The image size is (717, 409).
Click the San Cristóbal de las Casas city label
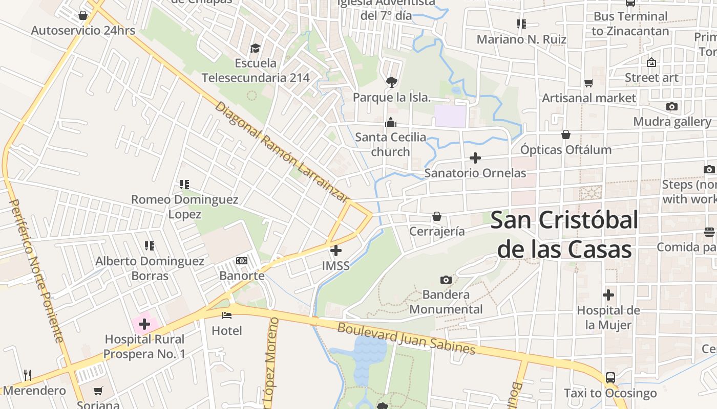click(564, 235)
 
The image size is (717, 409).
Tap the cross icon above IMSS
click(336, 251)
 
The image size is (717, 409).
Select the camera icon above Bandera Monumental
click(446, 280)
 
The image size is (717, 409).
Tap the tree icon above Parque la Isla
click(392, 82)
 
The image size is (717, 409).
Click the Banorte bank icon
click(242, 261)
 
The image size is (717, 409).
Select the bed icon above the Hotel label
click(227, 315)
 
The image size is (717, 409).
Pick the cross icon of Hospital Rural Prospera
click(144, 324)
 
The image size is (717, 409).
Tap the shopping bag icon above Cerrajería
click(437, 216)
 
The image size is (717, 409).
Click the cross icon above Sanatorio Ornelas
click(475, 158)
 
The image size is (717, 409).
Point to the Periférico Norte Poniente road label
click(36, 271)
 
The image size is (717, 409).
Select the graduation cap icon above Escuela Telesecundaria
click(255, 48)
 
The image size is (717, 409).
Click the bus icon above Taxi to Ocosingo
click(610, 378)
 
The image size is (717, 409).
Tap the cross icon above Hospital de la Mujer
click(608, 295)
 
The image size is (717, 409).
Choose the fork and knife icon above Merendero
click(28, 375)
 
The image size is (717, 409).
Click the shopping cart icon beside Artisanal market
click(588, 83)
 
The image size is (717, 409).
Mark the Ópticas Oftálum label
click(566, 150)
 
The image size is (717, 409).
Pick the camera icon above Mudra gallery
click(672, 106)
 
